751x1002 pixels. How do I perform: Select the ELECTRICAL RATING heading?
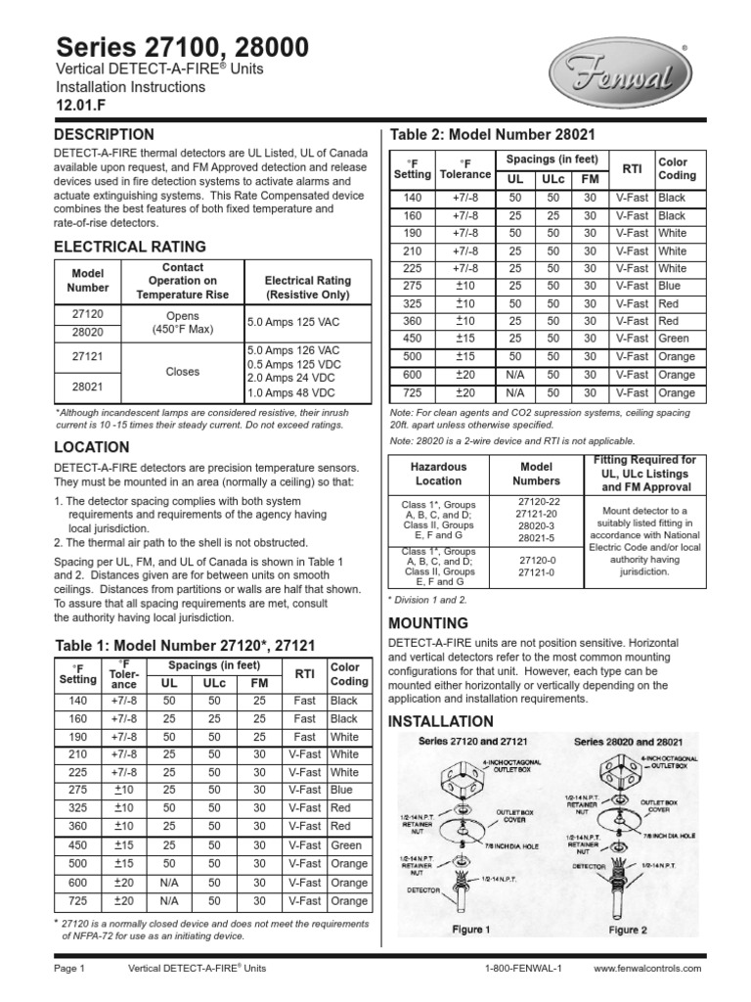(x=129, y=247)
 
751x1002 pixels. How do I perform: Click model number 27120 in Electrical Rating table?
(x=81, y=315)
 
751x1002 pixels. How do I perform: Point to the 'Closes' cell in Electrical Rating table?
(x=184, y=372)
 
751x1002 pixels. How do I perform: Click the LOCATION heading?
(x=91, y=447)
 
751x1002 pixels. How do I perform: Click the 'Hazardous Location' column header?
(x=438, y=475)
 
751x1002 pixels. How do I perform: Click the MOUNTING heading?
(x=428, y=623)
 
